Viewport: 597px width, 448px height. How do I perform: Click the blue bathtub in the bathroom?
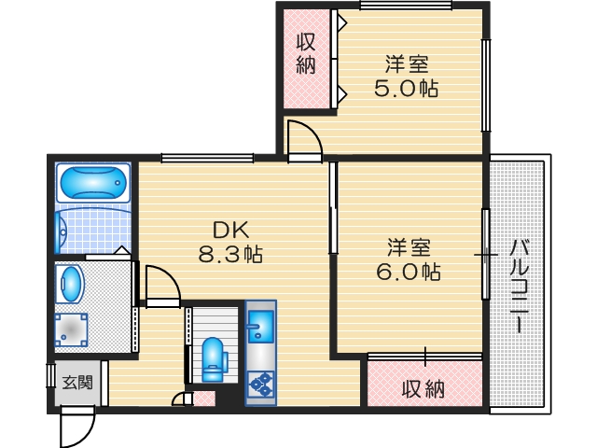click(x=92, y=184)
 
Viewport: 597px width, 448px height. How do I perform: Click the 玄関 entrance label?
click(x=76, y=382)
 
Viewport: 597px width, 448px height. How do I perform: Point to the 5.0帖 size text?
click(x=407, y=90)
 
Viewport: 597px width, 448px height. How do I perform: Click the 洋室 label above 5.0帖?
click(x=407, y=65)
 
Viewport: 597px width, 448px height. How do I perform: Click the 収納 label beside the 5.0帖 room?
click(x=305, y=53)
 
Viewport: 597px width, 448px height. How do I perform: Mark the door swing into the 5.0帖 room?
click(x=303, y=137)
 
